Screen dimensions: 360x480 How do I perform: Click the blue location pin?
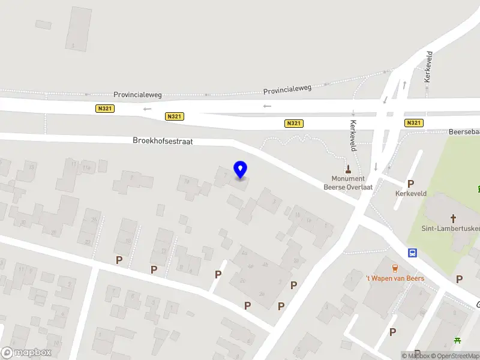[240, 170]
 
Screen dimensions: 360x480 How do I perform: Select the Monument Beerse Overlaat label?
[348, 182]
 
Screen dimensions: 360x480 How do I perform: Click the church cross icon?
[454, 218]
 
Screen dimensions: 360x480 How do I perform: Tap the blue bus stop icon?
[413, 253]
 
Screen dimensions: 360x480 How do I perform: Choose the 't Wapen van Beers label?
[395, 278]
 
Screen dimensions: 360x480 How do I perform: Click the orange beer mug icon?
[395, 268]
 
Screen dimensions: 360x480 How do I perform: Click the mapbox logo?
[26, 352]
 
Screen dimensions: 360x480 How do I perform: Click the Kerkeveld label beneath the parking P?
[410, 194]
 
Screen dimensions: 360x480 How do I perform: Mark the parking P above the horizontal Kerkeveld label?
[410, 184]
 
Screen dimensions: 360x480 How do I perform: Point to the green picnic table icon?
[458, 341]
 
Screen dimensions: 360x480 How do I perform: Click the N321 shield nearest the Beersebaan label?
[413, 123]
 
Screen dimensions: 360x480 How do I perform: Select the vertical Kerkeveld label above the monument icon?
[428, 66]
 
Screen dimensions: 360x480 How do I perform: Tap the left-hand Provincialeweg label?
[138, 95]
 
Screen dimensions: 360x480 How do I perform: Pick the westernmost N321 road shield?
[104, 109]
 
